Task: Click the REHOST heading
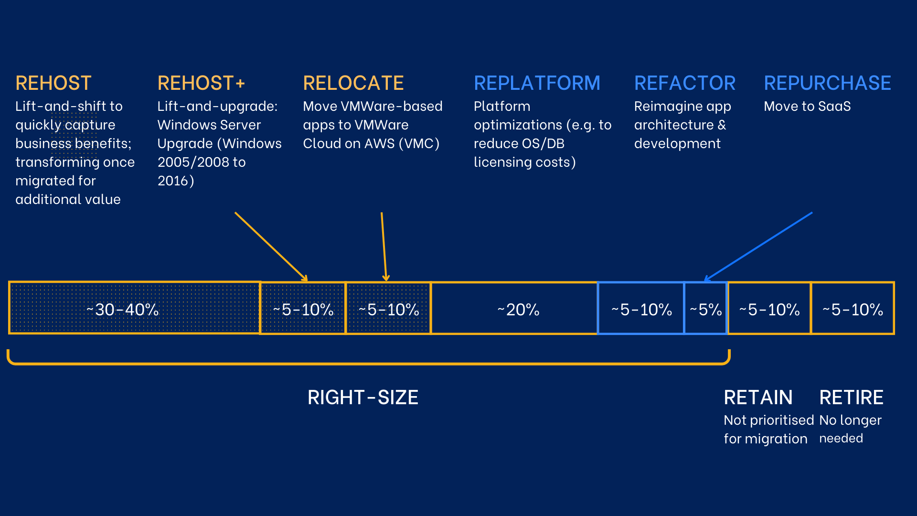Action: [x=53, y=83]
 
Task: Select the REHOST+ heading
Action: [x=201, y=83]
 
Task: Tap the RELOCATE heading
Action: [x=353, y=83]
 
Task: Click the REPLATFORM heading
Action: [x=537, y=83]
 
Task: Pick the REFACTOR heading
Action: [x=684, y=83]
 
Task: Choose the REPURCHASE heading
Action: [x=827, y=83]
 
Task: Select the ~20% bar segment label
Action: [x=518, y=310]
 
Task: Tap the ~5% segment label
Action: [x=705, y=310]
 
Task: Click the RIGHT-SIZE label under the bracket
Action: [x=363, y=398]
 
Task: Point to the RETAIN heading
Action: [x=758, y=398]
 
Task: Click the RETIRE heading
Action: [x=851, y=398]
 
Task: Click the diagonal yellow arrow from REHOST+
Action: [x=271, y=247]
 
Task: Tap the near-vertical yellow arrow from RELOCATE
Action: [x=384, y=247]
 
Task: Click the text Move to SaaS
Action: [x=807, y=106]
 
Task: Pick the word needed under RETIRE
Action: [x=841, y=438]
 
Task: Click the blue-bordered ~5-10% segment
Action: [x=641, y=310]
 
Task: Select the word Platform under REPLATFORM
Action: [x=501, y=106]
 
